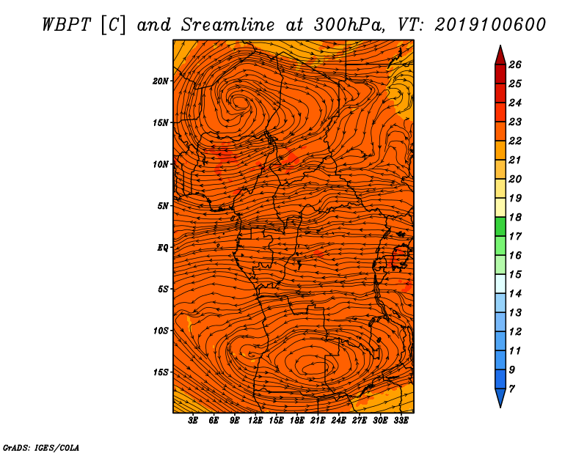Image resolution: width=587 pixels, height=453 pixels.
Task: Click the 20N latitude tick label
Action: (x=160, y=81)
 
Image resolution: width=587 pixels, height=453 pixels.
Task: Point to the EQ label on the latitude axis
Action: (x=162, y=248)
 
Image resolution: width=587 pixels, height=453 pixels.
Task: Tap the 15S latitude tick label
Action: (x=161, y=372)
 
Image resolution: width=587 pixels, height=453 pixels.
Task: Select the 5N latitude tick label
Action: (x=163, y=206)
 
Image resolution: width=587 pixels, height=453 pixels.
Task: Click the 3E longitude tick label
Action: (x=193, y=421)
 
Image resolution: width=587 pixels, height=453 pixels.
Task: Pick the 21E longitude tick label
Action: (x=318, y=421)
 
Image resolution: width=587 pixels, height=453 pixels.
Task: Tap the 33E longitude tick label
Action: (x=401, y=421)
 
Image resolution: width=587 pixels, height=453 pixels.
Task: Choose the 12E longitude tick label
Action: (x=255, y=421)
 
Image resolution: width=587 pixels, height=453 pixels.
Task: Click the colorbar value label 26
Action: (x=515, y=65)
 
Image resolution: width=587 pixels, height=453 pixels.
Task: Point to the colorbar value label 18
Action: (x=515, y=217)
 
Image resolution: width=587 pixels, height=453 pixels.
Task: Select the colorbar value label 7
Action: (x=511, y=389)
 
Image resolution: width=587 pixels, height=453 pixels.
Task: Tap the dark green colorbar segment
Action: (x=500, y=226)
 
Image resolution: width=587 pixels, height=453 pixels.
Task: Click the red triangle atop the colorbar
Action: (x=500, y=56)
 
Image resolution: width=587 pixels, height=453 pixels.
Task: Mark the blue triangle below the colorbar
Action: (x=500, y=397)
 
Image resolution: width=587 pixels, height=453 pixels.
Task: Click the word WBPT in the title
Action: (x=67, y=25)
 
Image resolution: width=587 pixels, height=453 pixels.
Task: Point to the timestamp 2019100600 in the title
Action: (x=490, y=25)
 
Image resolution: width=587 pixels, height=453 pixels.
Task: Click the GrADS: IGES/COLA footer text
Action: (x=41, y=447)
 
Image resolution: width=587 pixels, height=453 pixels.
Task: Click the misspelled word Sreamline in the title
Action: (x=228, y=25)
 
